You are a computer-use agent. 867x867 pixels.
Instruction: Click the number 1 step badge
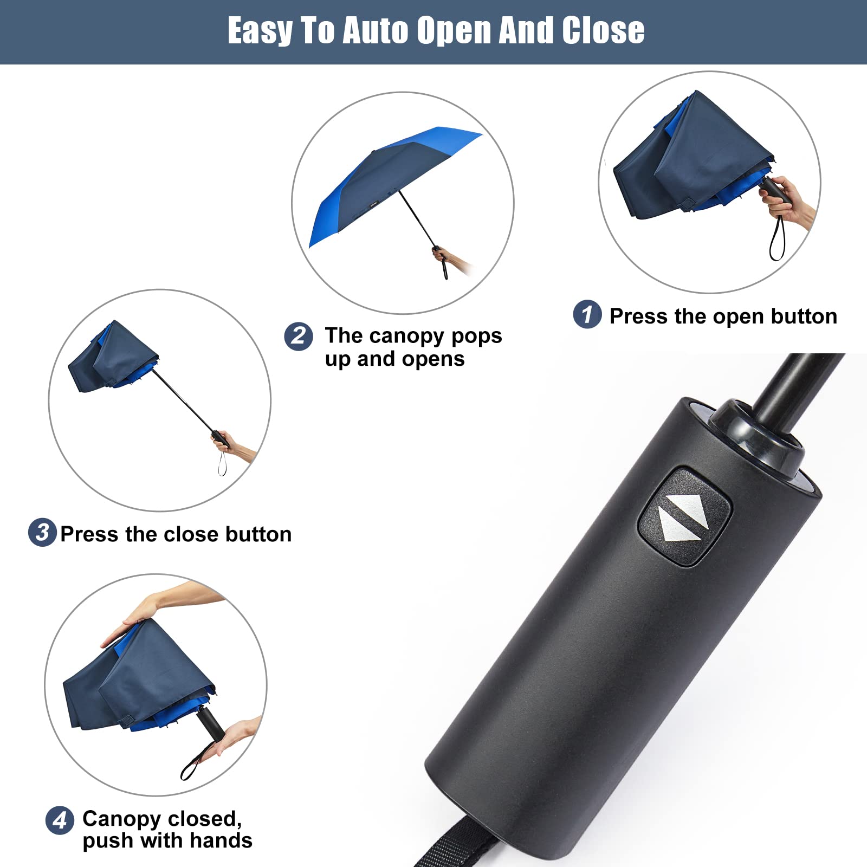(x=587, y=314)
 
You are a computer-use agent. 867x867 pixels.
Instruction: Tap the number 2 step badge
(x=299, y=336)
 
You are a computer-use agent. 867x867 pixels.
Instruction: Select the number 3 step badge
(x=42, y=532)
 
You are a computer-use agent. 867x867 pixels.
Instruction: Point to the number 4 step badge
(x=60, y=820)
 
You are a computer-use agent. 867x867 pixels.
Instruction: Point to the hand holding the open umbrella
(x=443, y=256)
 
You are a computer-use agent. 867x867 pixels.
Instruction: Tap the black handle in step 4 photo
(x=209, y=723)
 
